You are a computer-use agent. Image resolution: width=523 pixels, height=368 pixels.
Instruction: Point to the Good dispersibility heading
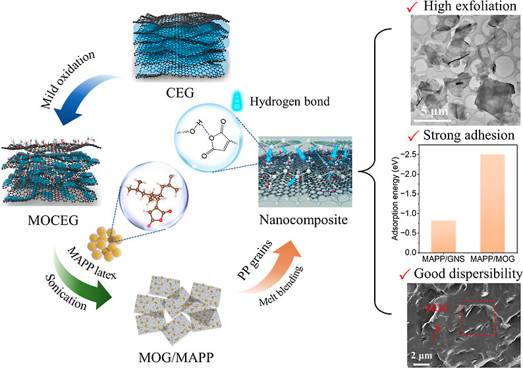click(x=469, y=272)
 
